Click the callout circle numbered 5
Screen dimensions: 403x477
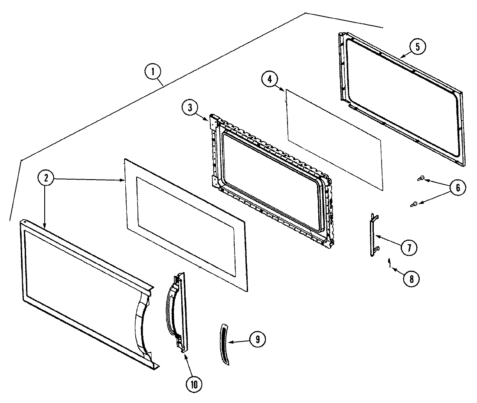pyautogui.click(x=417, y=47)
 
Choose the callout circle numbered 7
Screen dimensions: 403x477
pyautogui.click(x=408, y=248)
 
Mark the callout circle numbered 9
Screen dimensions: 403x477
pyautogui.click(x=258, y=340)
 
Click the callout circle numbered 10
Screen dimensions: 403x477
pyautogui.click(x=194, y=383)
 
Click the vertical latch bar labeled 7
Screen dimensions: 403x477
pyautogui.click(x=373, y=235)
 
